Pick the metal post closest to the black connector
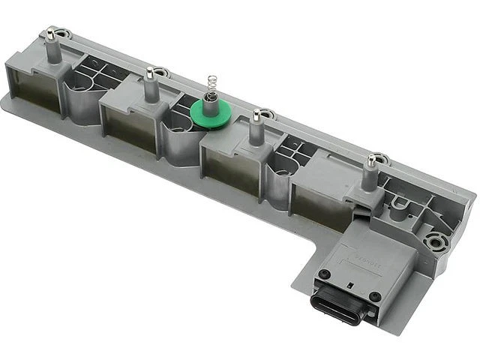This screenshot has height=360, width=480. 370,171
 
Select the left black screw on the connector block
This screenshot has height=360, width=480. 324,274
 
